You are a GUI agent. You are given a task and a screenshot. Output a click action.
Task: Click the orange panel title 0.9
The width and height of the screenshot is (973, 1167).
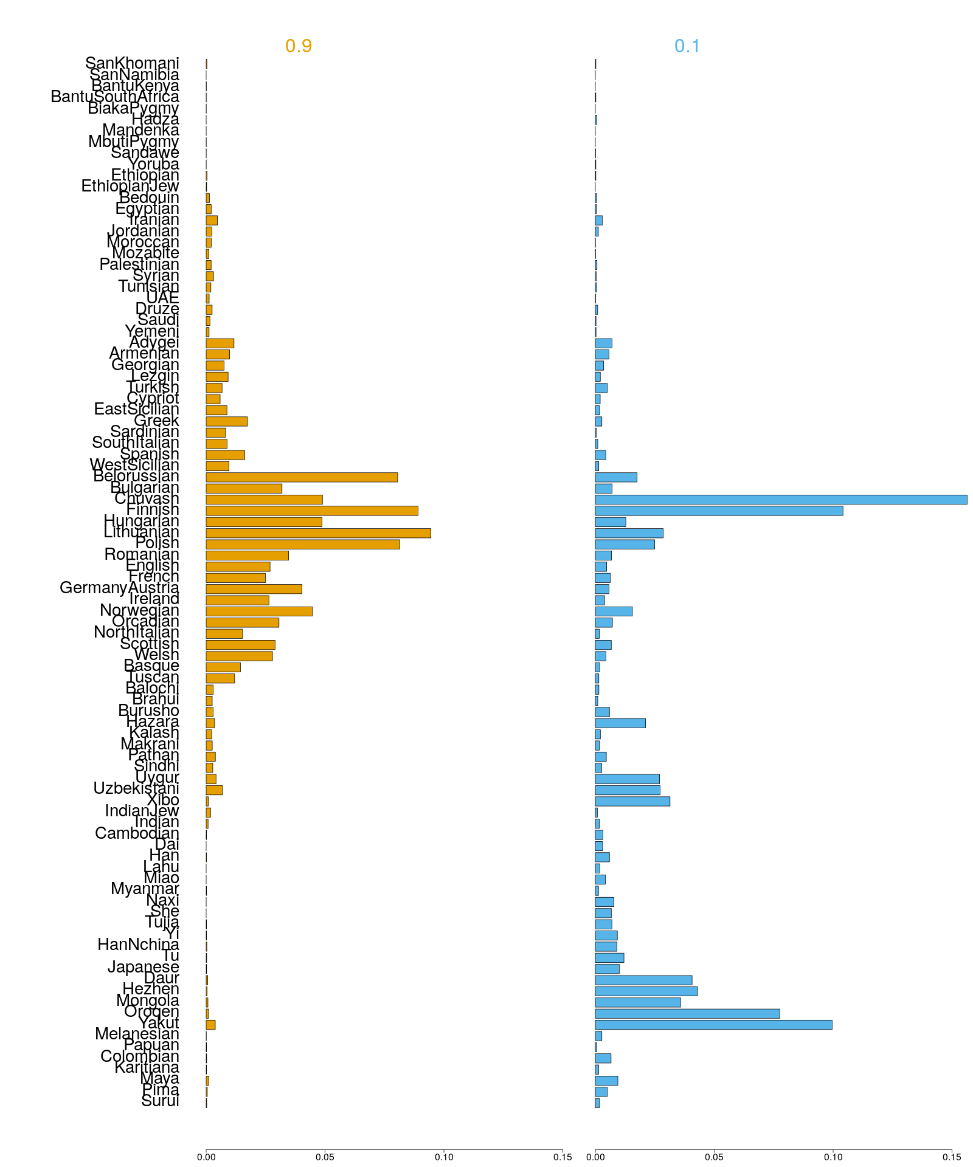click(298, 46)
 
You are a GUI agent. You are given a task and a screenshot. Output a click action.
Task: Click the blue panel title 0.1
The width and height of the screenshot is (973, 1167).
click(687, 46)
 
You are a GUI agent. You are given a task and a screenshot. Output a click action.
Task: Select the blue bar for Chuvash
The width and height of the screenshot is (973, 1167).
click(781, 500)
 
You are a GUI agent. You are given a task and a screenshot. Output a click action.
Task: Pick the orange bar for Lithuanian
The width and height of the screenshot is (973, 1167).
click(318, 533)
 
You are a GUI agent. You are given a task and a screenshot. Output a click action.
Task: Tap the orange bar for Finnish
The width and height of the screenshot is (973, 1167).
click(312, 511)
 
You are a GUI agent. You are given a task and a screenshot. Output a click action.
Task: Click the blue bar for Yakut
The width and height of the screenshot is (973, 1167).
click(713, 1025)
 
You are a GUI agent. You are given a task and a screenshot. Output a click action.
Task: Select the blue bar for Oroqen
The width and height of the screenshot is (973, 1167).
click(687, 1014)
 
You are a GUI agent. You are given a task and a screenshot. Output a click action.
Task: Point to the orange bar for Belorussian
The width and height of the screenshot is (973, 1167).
click(302, 477)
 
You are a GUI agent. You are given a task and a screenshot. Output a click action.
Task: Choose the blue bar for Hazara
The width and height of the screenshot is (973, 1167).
click(620, 723)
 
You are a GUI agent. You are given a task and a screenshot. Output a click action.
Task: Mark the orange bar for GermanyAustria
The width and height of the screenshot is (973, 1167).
click(254, 589)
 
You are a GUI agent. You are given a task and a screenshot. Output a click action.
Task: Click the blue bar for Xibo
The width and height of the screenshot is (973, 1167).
click(632, 801)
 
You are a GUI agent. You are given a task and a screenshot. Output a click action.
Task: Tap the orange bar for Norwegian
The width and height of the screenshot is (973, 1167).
click(259, 611)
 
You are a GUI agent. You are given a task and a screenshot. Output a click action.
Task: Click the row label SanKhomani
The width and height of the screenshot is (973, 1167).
click(132, 63)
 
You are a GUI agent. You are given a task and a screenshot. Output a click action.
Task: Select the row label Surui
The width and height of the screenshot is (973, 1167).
click(160, 1101)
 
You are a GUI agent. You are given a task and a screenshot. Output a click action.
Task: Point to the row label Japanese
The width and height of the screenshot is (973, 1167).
click(144, 967)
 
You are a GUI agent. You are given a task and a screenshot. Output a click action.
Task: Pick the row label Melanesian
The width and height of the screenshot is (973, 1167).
click(137, 1034)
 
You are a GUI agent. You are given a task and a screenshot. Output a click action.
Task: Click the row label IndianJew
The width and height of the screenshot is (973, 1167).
click(142, 811)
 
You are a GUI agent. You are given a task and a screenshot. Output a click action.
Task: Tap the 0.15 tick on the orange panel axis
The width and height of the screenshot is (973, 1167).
click(563, 1157)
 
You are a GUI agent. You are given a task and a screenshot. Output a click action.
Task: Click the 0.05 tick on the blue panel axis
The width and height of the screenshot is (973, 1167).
click(714, 1157)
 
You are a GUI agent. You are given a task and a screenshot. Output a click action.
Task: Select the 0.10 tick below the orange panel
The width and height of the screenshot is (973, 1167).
click(444, 1157)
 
